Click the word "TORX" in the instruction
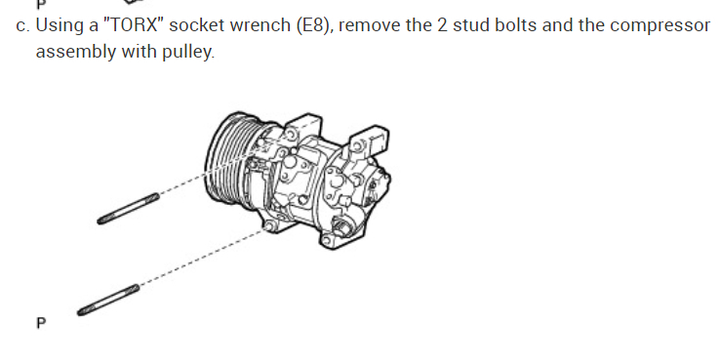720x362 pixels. pos(134,25)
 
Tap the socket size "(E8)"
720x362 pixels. pos(313,25)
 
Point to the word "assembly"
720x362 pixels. pos(76,52)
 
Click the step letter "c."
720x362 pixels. pos(22,26)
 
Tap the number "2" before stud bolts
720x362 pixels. pos(442,25)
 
